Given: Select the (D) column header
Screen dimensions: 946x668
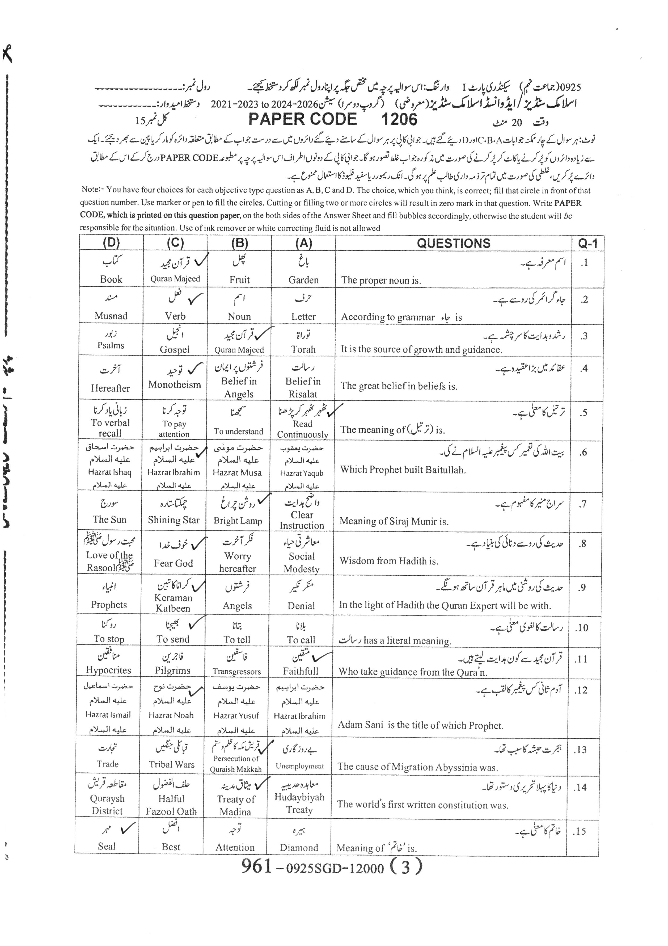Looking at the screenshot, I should (x=111, y=243).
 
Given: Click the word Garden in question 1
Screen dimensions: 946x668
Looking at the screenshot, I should (x=303, y=280).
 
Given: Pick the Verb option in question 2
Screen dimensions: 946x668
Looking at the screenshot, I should (x=175, y=316).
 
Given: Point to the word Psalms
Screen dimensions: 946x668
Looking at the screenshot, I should (x=111, y=345).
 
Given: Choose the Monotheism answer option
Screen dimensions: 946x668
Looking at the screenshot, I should (x=175, y=385).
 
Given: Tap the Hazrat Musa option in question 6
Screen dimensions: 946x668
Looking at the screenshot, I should (x=237, y=472).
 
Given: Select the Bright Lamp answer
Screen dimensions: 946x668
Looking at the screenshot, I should (x=238, y=521).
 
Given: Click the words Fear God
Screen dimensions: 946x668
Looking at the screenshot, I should (x=174, y=563).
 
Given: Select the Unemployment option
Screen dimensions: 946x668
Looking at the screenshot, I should (x=300, y=766).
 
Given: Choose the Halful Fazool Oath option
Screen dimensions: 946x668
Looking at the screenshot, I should (x=171, y=805).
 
